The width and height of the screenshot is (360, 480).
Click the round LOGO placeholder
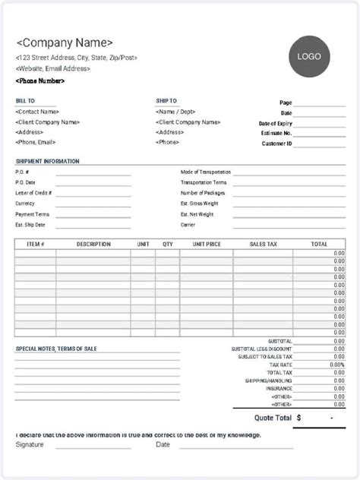(x=308, y=56)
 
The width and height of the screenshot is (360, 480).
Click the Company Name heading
(x=65, y=43)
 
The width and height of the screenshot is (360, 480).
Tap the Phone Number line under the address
(x=40, y=81)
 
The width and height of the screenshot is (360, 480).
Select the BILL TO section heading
(x=25, y=101)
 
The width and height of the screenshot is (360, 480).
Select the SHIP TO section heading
(x=166, y=101)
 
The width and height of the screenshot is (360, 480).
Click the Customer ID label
(x=277, y=143)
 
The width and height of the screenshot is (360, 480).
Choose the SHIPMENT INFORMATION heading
(x=47, y=162)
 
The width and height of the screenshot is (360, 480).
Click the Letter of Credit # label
(x=33, y=193)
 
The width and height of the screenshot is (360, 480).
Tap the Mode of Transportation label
(x=206, y=172)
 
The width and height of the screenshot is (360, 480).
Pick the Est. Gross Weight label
(x=199, y=204)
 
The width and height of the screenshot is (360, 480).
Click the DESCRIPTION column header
(x=94, y=245)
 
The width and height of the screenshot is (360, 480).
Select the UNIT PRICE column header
(x=207, y=245)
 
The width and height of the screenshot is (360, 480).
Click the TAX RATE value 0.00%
(x=337, y=365)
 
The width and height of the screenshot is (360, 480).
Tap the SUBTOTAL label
(x=280, y=341)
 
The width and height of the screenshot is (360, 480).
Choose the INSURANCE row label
(x=279, y=389)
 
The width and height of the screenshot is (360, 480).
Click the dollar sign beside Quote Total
(x=299, y=418)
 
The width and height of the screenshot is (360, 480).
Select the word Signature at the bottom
(x=29, y=445)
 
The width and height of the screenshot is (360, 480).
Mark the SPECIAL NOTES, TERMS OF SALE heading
(x=56, y=349)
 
